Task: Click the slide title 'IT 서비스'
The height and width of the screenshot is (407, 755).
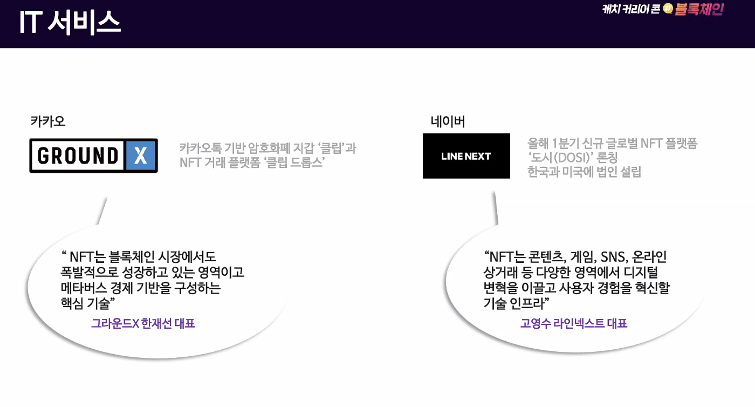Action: tap(70, 23)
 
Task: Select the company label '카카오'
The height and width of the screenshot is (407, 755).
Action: tap(48, 121)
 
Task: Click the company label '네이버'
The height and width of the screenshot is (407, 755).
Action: tap(448, 122)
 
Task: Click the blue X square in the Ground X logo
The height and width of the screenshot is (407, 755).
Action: tap(141, 156)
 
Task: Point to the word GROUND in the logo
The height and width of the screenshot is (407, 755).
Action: tap(78, 156)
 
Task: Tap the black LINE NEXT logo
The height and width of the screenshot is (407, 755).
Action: tap(466, 156)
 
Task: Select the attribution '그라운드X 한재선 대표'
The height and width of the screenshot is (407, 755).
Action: tap(143, 323)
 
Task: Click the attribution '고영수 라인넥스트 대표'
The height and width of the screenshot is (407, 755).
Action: tap(574, 323)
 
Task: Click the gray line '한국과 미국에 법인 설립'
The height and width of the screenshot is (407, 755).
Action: tap(584, 173)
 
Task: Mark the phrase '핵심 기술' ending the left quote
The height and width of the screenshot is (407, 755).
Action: tap(86, 303)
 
